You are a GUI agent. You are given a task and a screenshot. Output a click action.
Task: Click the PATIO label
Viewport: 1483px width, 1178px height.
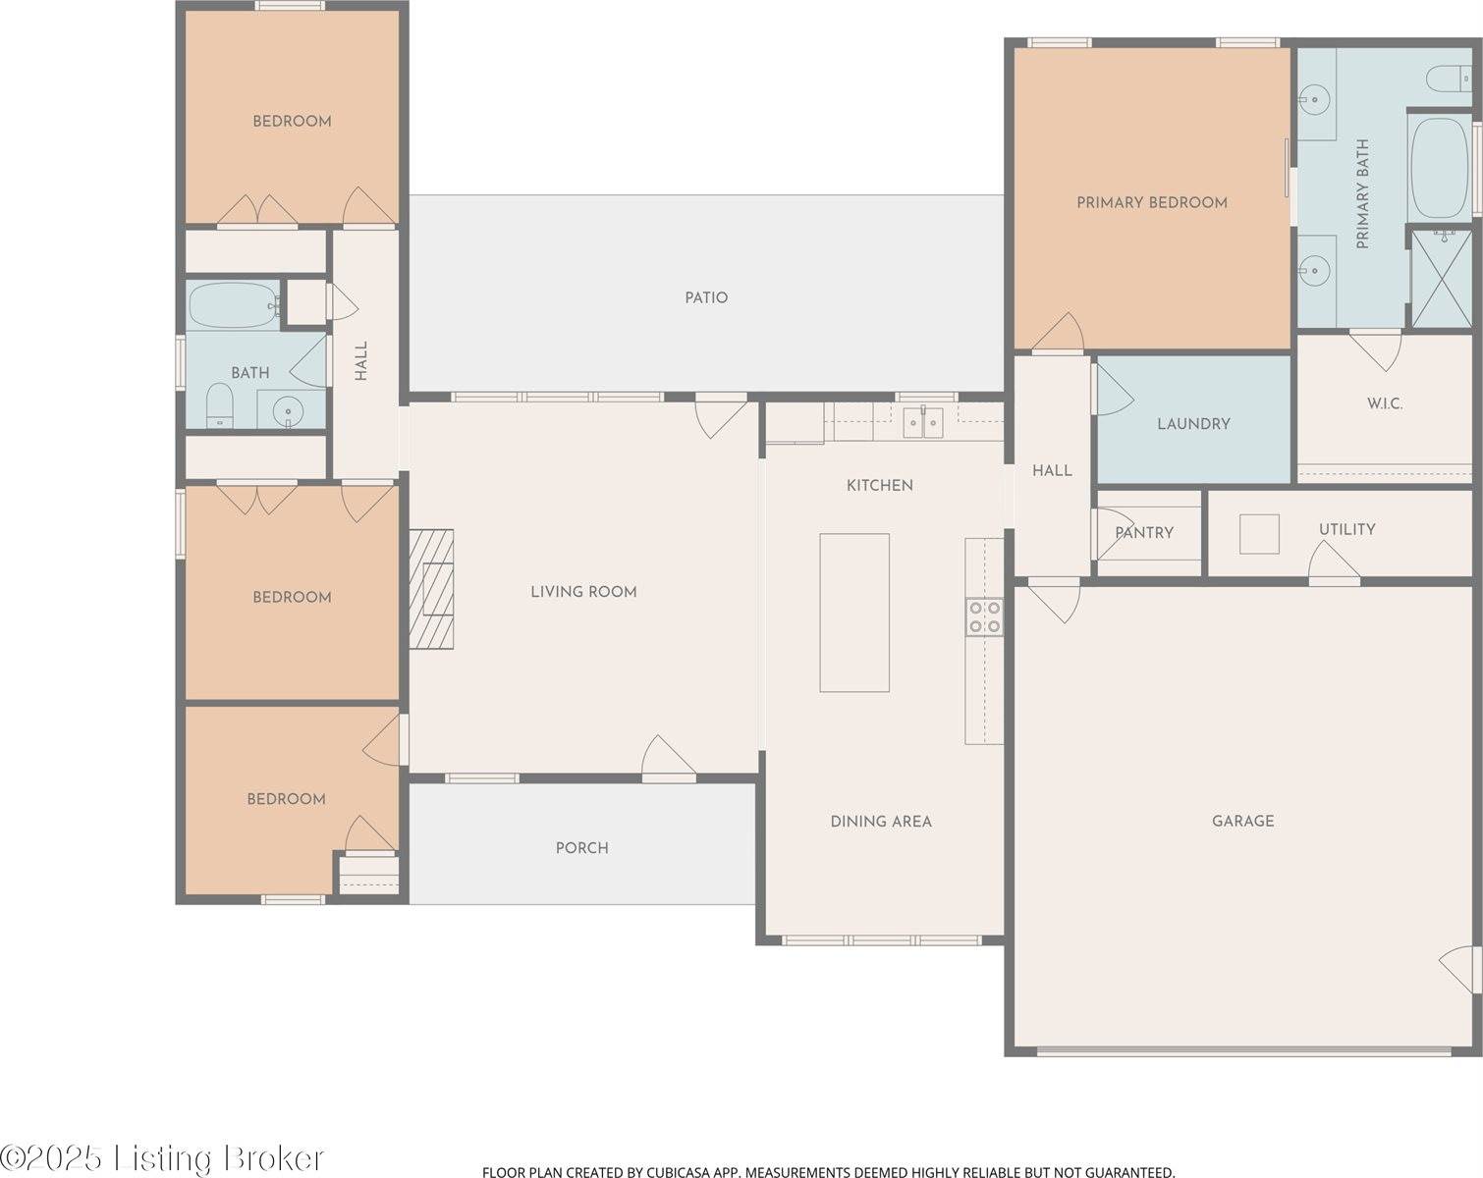point(706,297)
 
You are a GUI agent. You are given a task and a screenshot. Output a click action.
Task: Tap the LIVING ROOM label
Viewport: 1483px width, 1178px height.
point(583,592)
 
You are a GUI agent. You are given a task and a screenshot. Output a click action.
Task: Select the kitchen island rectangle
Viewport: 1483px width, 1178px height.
point(854,613)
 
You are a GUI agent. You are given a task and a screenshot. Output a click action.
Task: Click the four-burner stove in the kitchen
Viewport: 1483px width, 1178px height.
point(984,616)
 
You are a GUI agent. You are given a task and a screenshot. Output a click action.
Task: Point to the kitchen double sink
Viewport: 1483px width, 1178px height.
point(922,422)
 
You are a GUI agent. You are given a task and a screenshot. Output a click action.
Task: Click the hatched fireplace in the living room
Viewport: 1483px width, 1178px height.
point(432,589)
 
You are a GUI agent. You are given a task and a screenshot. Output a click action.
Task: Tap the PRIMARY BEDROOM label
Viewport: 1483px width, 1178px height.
point(1151,203)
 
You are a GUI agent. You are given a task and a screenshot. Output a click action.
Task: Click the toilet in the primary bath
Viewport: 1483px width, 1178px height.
point(1446,79)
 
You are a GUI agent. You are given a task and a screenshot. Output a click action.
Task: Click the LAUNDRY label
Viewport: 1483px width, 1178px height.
point(1193,424)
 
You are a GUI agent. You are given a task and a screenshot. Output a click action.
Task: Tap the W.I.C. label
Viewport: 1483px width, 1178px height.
point(1385,403)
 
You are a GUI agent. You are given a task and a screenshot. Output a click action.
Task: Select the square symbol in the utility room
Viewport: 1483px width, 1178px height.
point(1259,534)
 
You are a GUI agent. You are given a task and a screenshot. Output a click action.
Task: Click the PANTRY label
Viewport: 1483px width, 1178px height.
point(1144,533)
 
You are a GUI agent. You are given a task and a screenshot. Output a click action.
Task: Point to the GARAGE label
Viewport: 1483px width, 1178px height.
point(1242,821)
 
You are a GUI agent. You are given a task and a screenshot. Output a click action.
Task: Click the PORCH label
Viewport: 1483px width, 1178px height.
point(581,848)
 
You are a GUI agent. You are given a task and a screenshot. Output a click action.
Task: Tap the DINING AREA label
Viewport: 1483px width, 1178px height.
point(880,822)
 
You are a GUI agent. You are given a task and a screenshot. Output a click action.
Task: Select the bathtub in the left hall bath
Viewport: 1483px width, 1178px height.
point(232,306)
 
